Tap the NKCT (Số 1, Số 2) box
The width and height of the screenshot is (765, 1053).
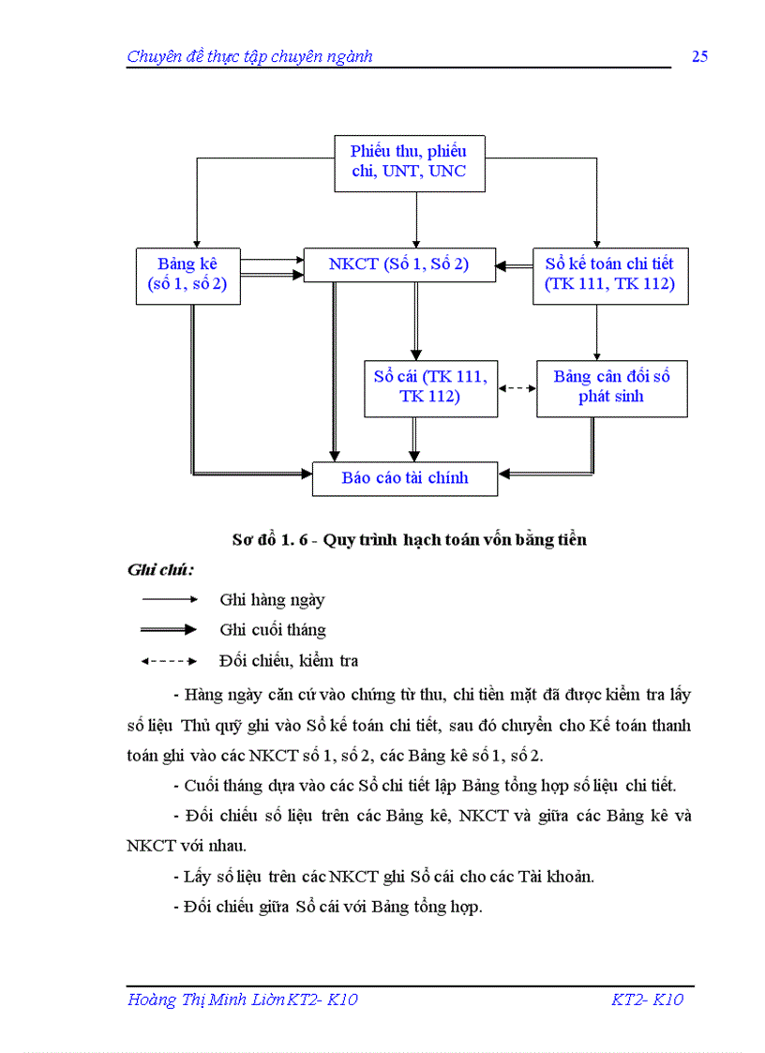398,265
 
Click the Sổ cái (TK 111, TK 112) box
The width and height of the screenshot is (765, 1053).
430,387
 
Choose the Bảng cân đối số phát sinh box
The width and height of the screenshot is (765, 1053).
611,387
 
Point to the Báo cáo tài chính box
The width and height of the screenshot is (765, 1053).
404,478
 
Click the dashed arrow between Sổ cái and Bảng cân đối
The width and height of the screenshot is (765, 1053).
517,387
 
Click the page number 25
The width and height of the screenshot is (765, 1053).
699,56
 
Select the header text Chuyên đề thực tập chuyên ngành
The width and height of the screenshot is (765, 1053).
249,56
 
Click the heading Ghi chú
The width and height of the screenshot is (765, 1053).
160,570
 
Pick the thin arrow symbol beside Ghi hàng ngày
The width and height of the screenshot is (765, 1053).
169,599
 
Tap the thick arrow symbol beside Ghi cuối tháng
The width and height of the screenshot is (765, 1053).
169,629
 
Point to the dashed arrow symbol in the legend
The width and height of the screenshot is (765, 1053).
169,661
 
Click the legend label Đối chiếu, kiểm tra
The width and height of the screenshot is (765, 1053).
289,661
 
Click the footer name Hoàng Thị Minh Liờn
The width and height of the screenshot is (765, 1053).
217,1000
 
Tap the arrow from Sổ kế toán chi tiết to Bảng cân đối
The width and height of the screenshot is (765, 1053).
596,332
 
